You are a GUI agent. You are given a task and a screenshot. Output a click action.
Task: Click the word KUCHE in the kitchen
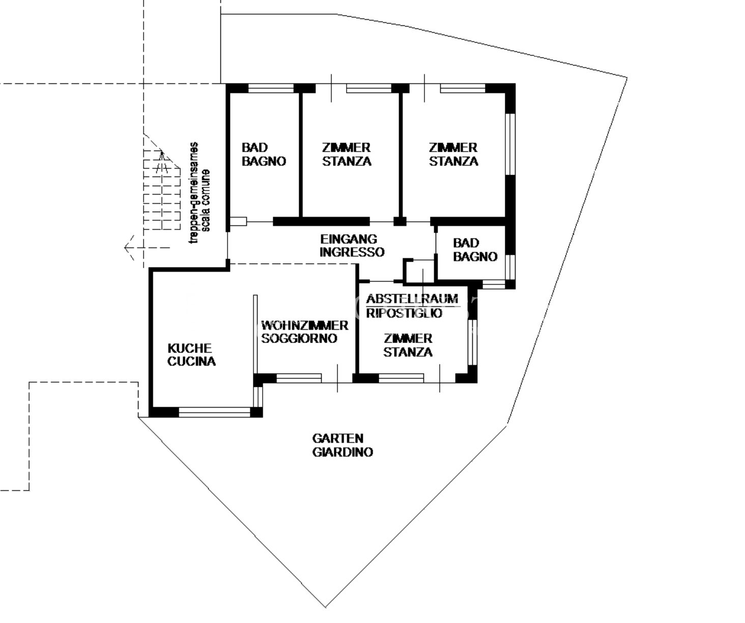point(189,348)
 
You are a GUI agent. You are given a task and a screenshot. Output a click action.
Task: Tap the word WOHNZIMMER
point(305,325)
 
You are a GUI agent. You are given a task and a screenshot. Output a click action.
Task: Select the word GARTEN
point(337,438)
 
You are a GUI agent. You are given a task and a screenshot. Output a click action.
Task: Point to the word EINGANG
point(349,239)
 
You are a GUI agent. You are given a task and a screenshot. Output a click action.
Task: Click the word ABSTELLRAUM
point(412,299)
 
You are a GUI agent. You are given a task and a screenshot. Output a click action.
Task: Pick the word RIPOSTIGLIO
point(404,314)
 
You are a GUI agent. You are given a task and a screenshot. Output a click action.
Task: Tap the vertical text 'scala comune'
point(206,201)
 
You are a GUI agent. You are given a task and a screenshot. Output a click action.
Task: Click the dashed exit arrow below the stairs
point(147,248)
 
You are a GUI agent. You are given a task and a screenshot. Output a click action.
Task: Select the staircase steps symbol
point(162,190)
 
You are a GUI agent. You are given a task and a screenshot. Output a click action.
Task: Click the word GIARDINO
point(342,452)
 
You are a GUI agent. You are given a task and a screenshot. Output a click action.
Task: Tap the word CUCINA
point(191,361)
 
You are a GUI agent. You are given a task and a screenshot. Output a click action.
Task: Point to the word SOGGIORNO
point(299,338)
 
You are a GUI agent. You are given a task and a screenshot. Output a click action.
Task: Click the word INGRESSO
point(352,252)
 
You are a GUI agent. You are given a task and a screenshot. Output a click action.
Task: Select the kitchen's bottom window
point(214,412)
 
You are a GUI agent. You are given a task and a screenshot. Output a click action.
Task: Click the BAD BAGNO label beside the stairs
point(264,154)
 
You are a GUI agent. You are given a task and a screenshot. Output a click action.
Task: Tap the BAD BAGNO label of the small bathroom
point(475,250)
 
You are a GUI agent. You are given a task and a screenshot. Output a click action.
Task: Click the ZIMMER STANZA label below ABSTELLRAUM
point(408,346)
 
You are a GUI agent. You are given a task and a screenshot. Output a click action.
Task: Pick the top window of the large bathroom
point(271,88)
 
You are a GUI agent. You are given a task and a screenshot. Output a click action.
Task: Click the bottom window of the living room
point(299,378)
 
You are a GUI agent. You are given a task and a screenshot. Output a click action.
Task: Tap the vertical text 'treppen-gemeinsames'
point(193,193)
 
